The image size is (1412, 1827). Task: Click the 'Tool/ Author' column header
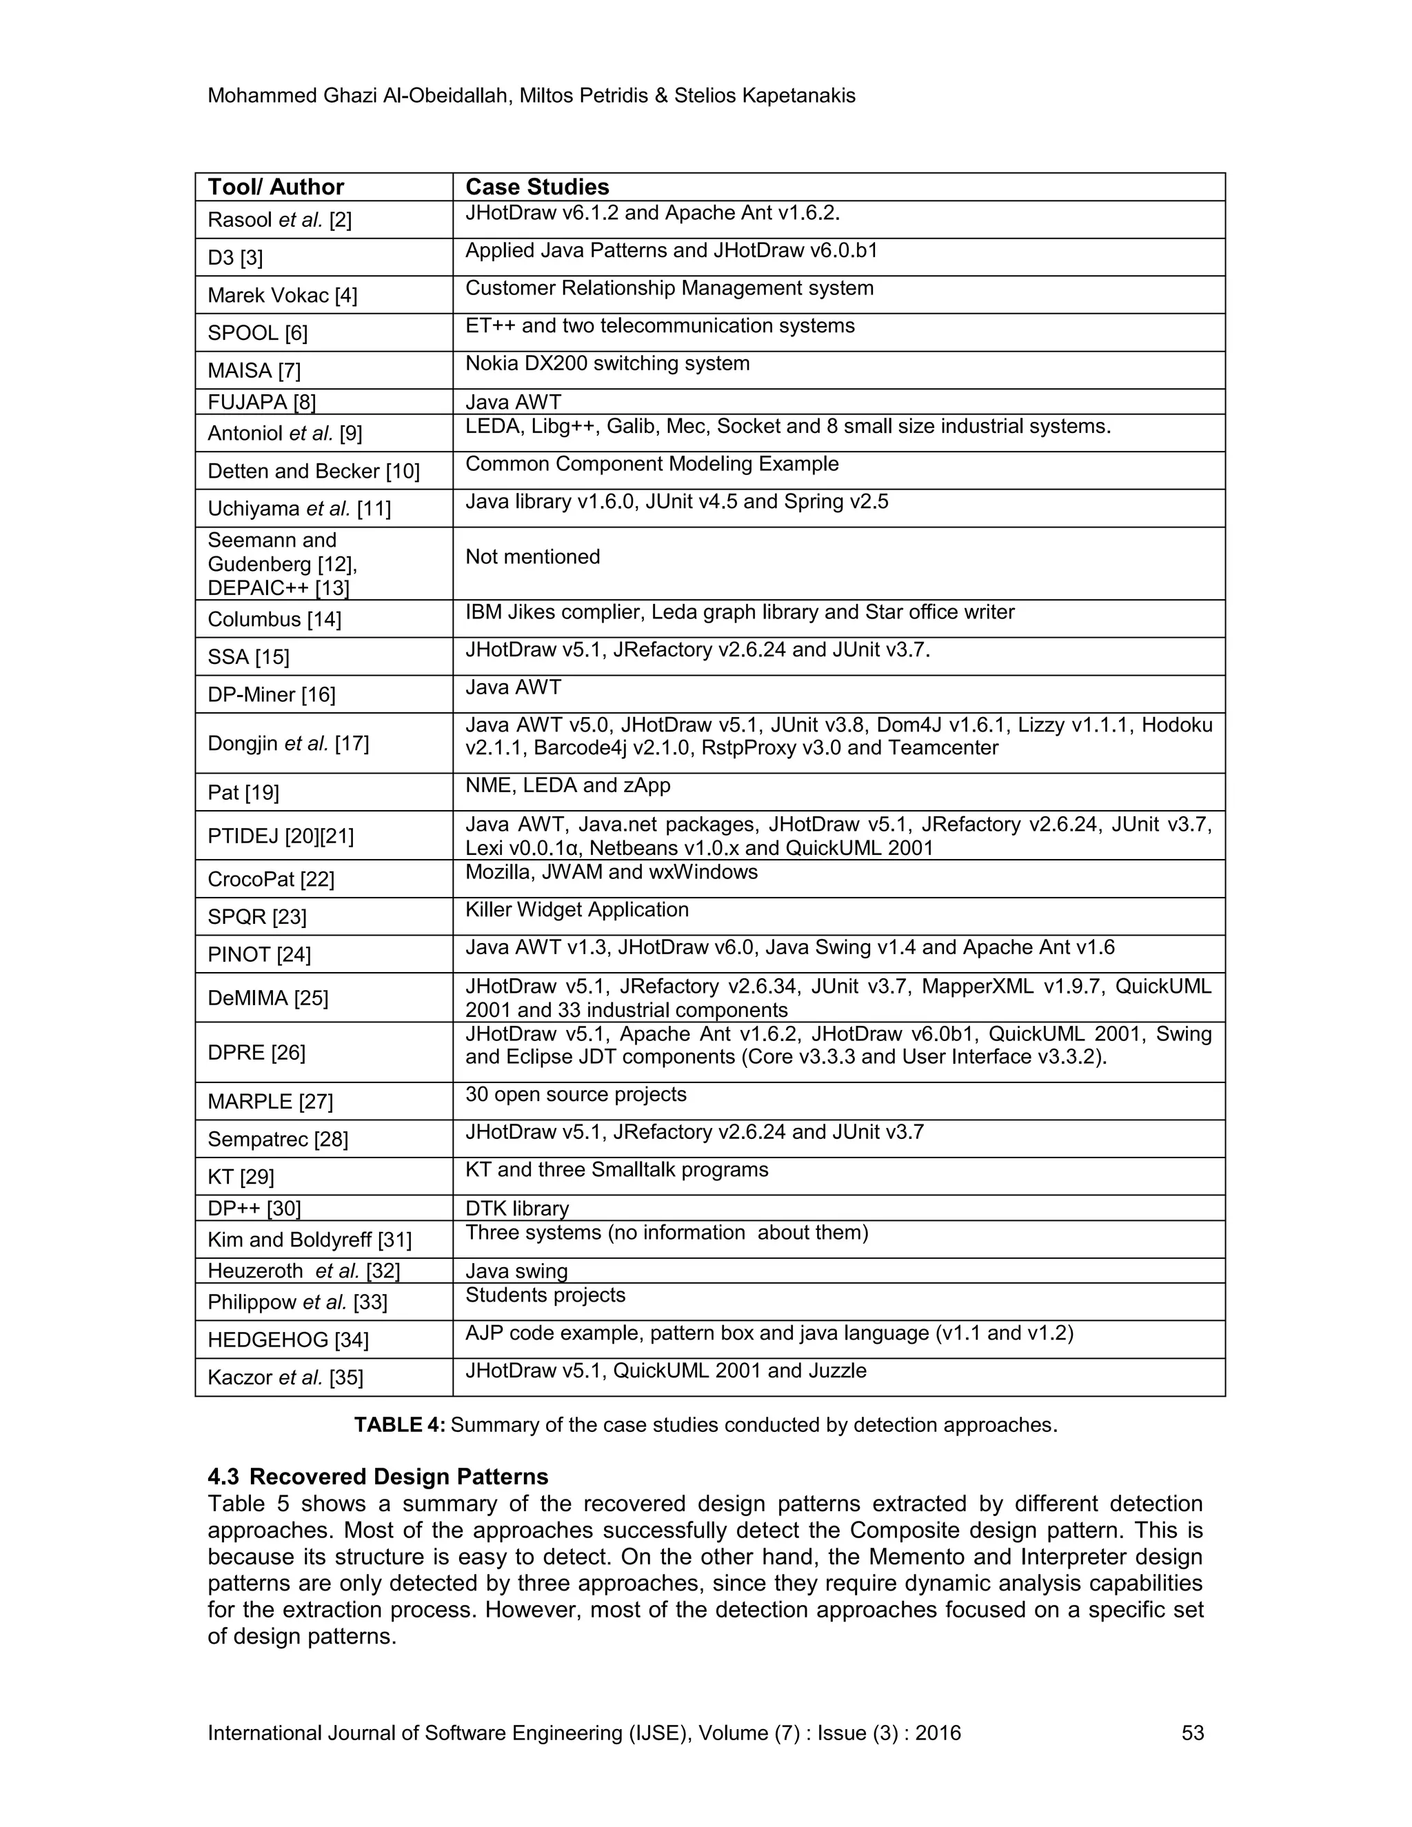(x=276, y=188)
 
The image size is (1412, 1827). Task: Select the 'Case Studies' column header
(x=537, y=188)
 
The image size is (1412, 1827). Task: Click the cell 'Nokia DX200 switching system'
(x=607, y=364)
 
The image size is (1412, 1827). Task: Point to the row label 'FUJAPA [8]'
(x=262, y=403)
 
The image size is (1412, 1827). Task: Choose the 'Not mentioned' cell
(x=533, y=557)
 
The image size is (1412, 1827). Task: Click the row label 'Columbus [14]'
(x=274, y=619)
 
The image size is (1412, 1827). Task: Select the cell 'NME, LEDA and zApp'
(x=568, y=785)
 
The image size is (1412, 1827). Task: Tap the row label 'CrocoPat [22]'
(x=271, y=879)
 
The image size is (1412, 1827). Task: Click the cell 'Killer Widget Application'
(x=577, y=910)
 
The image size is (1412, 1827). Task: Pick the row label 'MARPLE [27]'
(x=270, y=1102)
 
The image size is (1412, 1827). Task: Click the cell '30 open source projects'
(x=576, y=1095)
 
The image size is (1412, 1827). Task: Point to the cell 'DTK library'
(x=517, y=1209)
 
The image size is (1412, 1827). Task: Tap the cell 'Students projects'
(x=545, y=1296)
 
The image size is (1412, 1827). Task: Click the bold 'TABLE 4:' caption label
(x=400, y=1426)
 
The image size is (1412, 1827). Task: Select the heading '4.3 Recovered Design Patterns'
(x=378, y=1477)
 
